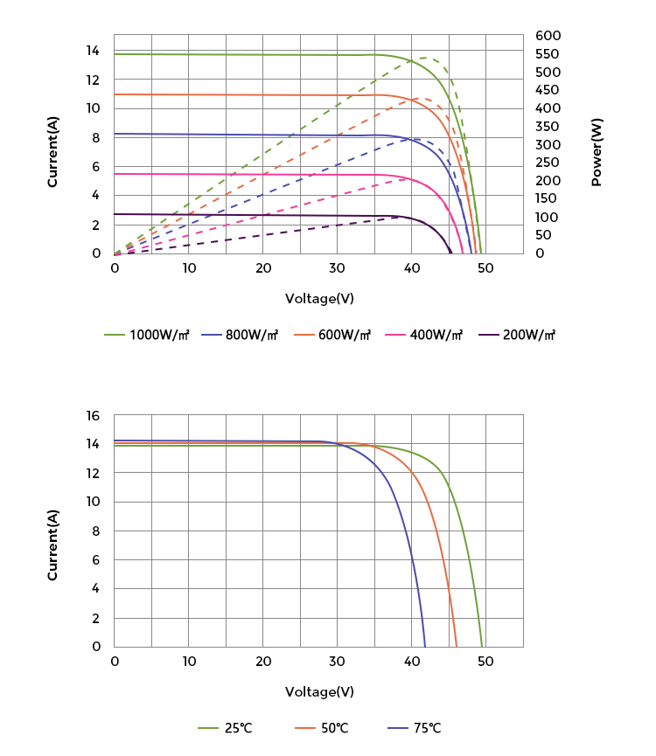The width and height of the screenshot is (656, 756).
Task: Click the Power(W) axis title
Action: tap(597, 152)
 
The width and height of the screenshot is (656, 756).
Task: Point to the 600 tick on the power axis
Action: tap(548, 36)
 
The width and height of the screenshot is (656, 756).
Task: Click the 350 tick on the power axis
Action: tap(548, 127)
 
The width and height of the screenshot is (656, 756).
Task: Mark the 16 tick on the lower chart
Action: tap(94, 415)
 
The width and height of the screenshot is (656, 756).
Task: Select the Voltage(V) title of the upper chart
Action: tap(319, 299)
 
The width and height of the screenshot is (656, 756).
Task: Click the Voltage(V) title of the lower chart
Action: tap(319, 692)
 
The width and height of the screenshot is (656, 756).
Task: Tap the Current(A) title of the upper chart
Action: tap(52, 152)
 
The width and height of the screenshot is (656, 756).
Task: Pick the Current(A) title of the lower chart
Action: tap(52, 545)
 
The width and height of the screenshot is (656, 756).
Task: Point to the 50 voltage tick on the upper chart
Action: tap(485, 268)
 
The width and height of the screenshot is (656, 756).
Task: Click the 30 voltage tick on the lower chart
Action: tap(338, 662)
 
